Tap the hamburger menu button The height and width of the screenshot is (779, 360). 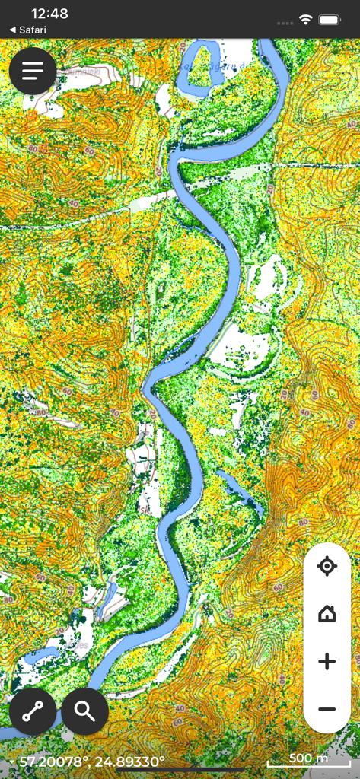pyautogui.click(x=33, y=71)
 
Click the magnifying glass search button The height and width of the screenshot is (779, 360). pyautogui.click(x=84, y=711)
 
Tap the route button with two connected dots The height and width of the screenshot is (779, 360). pyautogui.click(x=33, y=711)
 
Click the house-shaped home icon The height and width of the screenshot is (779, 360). pyautogui.click(x=327, y=613)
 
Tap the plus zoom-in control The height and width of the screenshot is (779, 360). pyautogui.click(x=327, y=662)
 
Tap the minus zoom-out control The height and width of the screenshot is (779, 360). pyautogui.click(x=327, y=709)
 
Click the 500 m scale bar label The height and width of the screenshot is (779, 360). pyautogui.click(x=309, y=758)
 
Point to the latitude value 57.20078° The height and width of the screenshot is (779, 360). pyautogui.click(x=50, y=761)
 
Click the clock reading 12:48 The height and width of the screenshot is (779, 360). pyautogui.click(x=50, y=14)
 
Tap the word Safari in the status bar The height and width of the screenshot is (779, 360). pyautogui.click(x=33, y=30)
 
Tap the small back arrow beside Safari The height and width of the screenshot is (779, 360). pyautogui.click(x=12, y=30)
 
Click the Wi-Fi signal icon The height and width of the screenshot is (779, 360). pyautogui.click(x=306, y=19)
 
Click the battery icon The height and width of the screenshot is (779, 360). pyautogui.click(x=330, y=19)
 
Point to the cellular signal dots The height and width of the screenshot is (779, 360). pyautogui.click(x=285, y=23)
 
